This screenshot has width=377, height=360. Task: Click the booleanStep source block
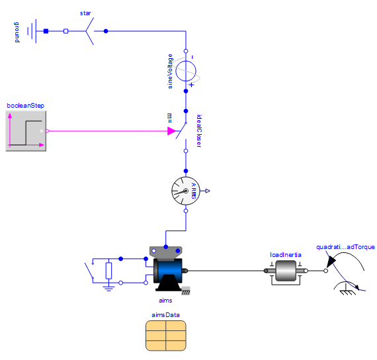(x=26, y=131)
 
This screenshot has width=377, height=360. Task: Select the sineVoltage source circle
(x=186, y=71)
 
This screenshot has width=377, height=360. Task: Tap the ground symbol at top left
(x=32, y=31)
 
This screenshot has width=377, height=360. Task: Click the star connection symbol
(x=90, y=31)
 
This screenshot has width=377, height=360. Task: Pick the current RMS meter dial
(x=186, y=191)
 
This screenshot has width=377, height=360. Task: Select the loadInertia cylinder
(x=286, y=271)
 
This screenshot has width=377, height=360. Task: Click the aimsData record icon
(x=166, y=336)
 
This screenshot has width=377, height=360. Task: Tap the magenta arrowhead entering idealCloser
(x=172, y=131)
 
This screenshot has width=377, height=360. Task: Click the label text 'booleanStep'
(x=26, y=106)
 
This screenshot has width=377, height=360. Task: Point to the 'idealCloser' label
(x=199, y=131)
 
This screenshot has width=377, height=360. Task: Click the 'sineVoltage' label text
(x=170, y=71)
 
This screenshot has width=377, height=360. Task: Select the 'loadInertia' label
(x=286, y=254)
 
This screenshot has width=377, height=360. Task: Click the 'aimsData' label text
(x=165, y=315)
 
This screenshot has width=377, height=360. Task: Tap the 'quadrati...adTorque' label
(x=345, y=247)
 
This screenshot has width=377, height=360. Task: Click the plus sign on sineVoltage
(x=191, y=85)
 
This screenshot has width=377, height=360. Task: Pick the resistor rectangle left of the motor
(x=108, y=271)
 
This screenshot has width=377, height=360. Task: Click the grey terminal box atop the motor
(x=166, y=253)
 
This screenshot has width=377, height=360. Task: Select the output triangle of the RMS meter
(x=208, y=191)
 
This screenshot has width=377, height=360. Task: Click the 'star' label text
(x=85, y=13)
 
